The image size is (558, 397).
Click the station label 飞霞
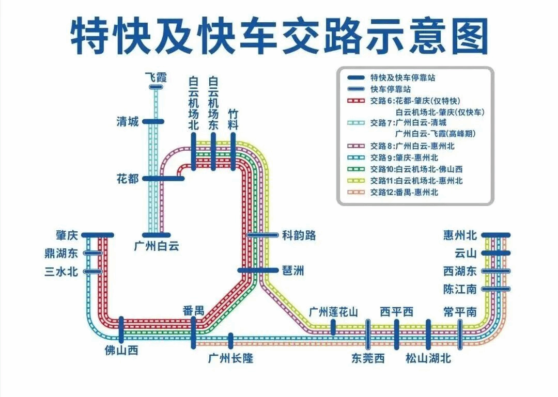click(156, 78)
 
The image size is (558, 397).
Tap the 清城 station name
click(128, 122)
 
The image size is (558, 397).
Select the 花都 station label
click(128, 179)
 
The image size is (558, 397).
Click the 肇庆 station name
click(67, 235)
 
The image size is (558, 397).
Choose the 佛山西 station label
click(121, 351)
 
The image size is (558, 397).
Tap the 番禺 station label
click(193, 311)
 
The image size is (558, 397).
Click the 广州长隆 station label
click(231, 358)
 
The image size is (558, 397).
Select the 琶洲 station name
click(293, 270)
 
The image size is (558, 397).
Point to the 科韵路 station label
click(299, 235)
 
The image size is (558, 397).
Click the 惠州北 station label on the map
click(459, 235)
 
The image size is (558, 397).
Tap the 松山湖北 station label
click(428, 358)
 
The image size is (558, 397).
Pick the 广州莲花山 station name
click(333, 311)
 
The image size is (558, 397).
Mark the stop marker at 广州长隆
click(231, 340)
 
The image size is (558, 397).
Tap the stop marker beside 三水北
click(93, 271)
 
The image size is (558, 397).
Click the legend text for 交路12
click(404, 192)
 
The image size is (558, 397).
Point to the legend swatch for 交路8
click(357, 147)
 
